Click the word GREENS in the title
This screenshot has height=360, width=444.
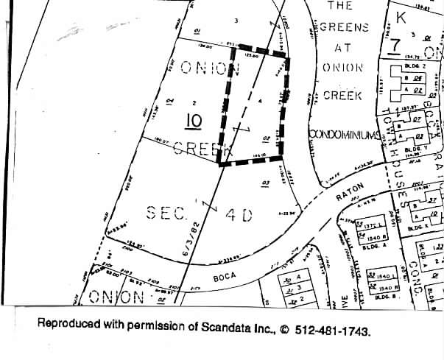coord(342,27)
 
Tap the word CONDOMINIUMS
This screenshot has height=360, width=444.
coord(344,134)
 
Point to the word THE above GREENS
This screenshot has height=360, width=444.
coord(339,6)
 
